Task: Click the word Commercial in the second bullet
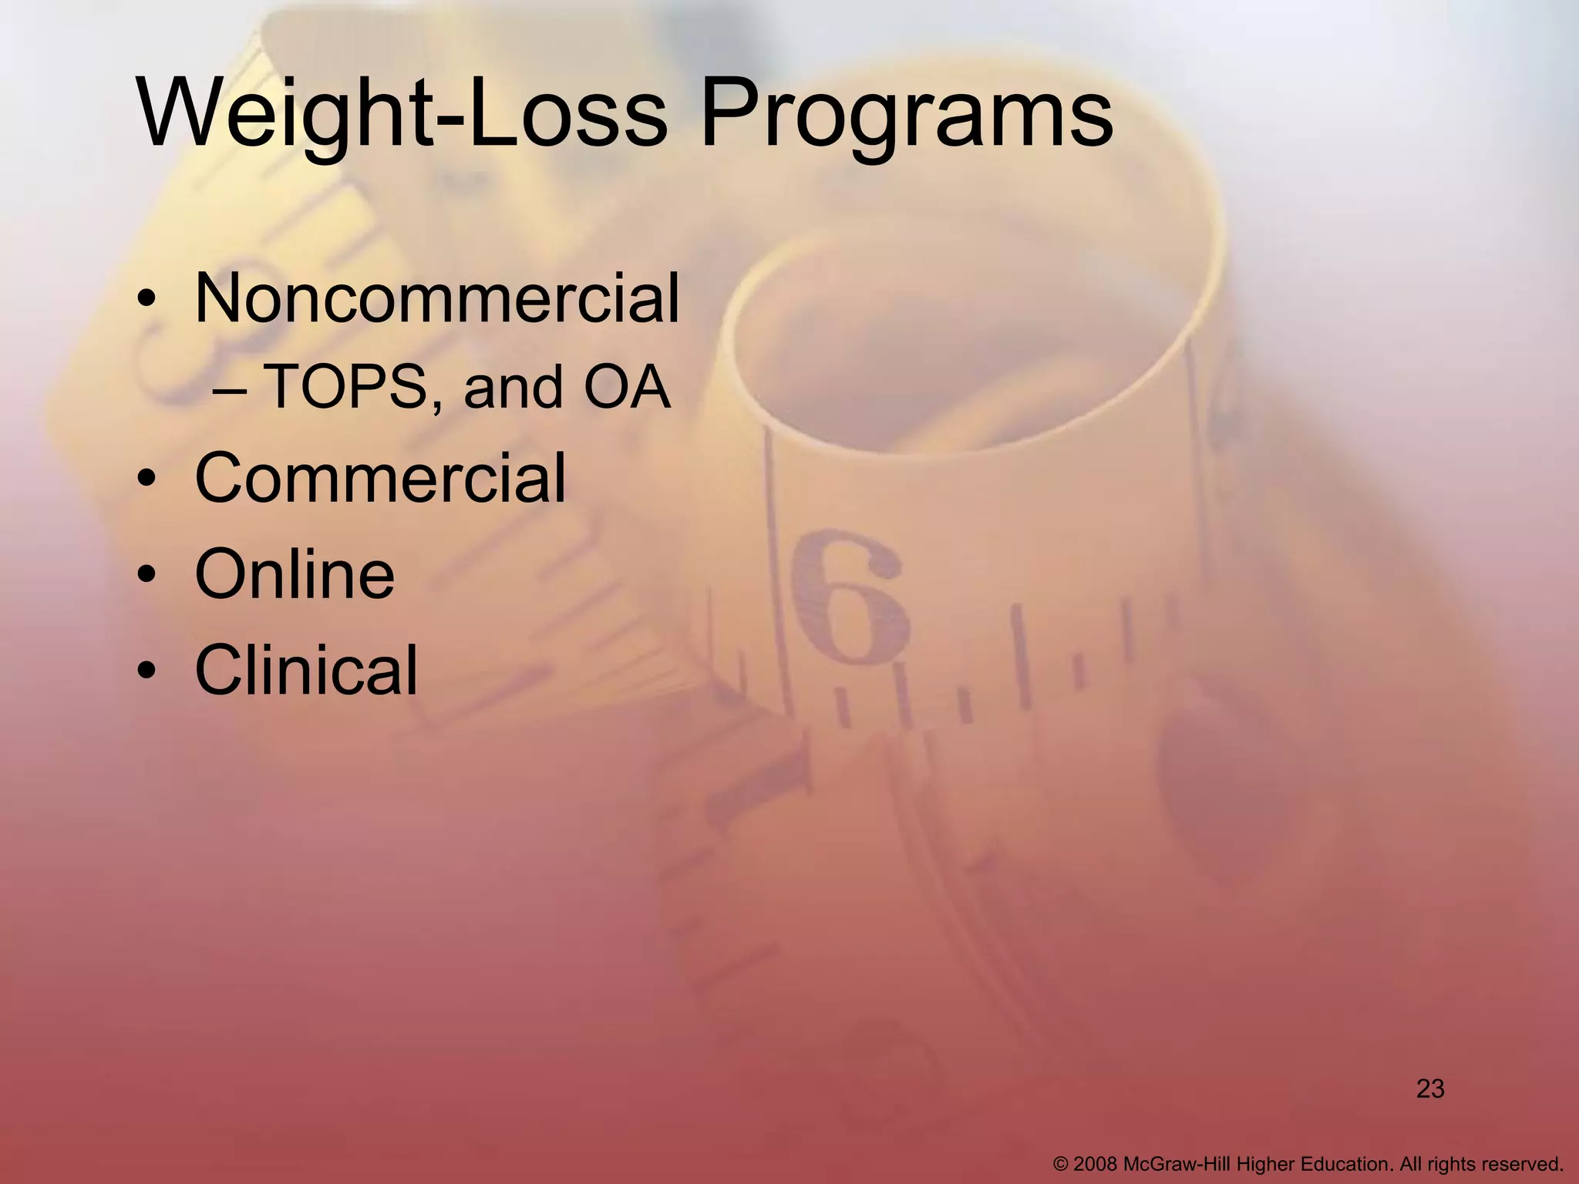coord(380,479)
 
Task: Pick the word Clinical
coord(306,670)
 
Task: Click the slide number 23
coord(1430,1089)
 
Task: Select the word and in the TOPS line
coord(513,388)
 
